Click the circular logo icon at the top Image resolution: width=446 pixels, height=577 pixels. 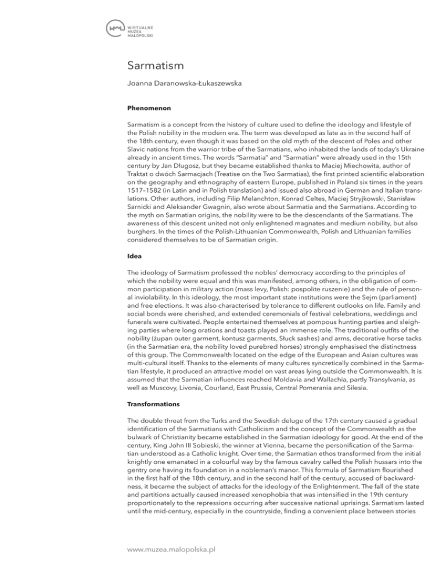click(116, 28)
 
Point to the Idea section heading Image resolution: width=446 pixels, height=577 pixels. click(133, 271)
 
